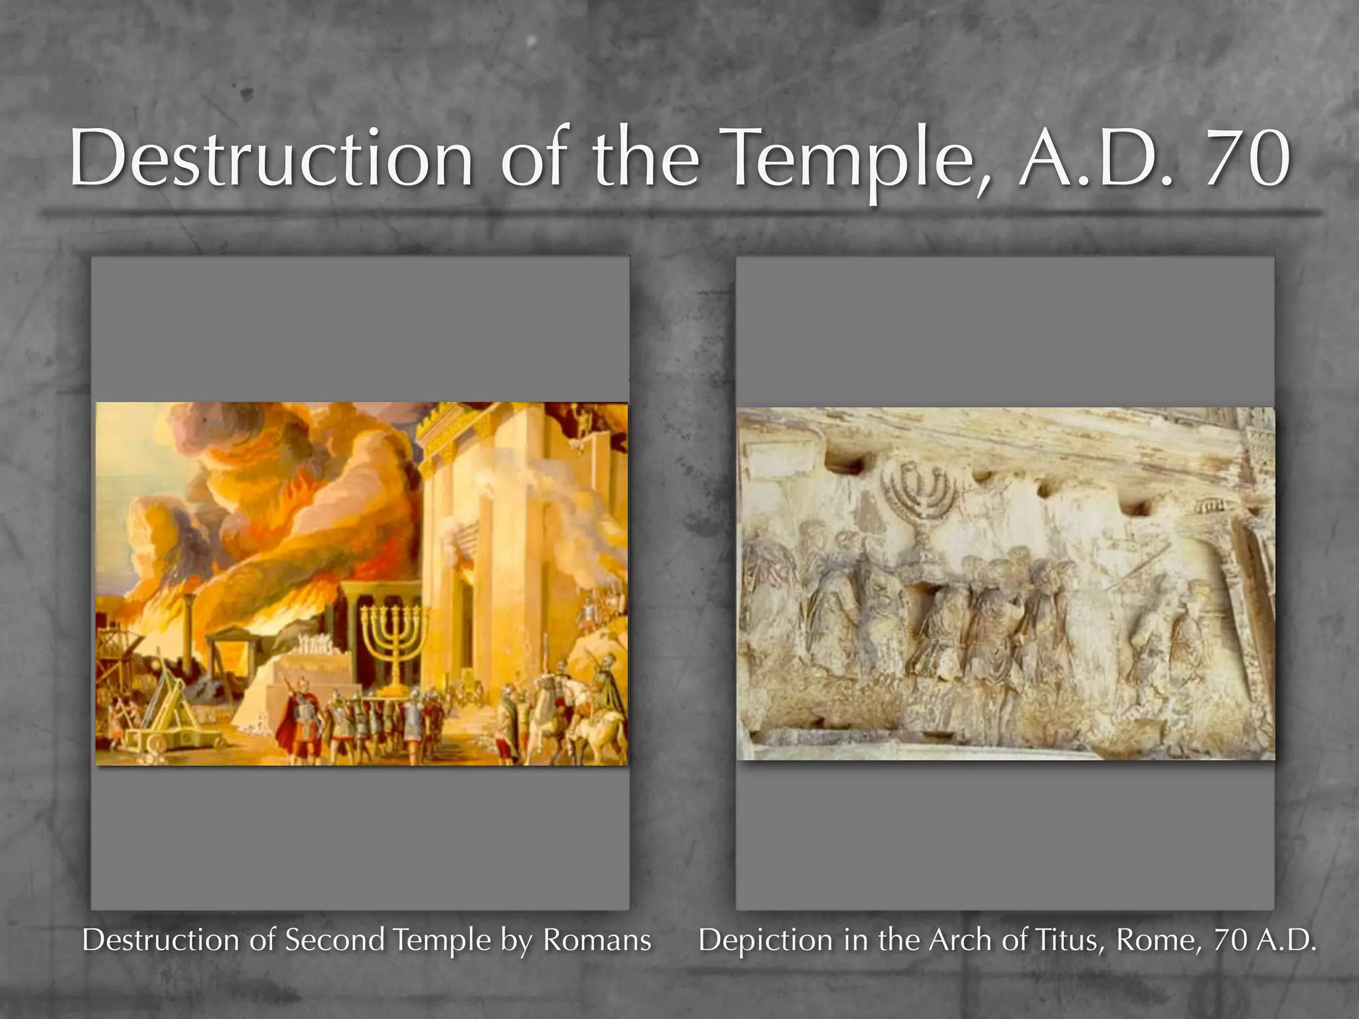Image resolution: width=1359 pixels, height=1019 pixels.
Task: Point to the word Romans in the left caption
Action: (597, 939)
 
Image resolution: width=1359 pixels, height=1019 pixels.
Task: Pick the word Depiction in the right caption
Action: (765, 939)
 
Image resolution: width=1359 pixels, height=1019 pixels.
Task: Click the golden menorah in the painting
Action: (393, 637)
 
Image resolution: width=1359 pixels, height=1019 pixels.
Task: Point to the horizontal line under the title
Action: (681, 213)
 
